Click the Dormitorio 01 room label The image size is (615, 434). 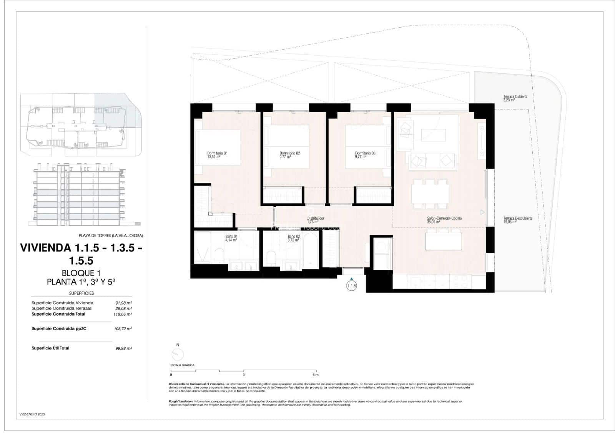[217, 154]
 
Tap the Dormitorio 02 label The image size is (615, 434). [289, 154]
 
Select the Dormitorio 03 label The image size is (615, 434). [365, 154]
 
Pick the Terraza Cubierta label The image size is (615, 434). [515, 97]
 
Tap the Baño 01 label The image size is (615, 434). [231, 237]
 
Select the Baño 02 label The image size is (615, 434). [294, 237]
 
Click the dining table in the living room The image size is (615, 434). [430, 194]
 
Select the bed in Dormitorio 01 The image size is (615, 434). [218, 147]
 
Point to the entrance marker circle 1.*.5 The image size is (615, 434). [351, 286]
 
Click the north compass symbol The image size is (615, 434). [178, 354]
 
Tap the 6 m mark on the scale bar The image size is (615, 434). [315, 374]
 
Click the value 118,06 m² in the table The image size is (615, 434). [124, 314]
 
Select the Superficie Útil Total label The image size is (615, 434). [50, 348]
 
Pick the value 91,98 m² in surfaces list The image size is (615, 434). [124, 303]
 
